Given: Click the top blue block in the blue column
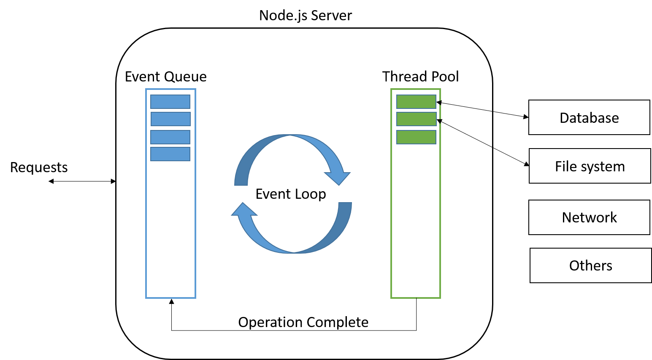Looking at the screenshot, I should (x=170, y=102).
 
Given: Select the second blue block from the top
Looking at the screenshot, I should (x=170, y=119).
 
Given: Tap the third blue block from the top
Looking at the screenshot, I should (x=170, y=137).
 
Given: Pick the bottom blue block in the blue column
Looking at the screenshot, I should (x=170, y=154).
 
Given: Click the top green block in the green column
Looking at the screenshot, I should (x=416, y=102).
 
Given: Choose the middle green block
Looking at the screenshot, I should (x=416, y=119).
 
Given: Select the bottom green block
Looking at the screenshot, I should (x=416, y=137).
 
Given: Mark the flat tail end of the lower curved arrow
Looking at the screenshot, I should (x=345, y=204).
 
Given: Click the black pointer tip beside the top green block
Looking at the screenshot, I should (x=438, y=103).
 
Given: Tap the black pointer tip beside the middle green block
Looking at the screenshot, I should (x=439, y=122).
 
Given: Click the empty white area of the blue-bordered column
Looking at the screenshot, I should (x=170, y=228).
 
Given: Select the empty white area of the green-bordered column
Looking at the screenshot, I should (x=416, y=219).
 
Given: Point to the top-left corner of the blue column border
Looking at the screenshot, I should (x=146, y=89).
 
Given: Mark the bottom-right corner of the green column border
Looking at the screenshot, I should (x=440, y=298).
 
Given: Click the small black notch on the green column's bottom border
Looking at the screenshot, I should (x=417, y=298).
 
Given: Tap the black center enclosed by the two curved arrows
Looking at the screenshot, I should (x=292, y=194).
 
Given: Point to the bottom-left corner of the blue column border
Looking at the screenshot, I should (x=146, y=297).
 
